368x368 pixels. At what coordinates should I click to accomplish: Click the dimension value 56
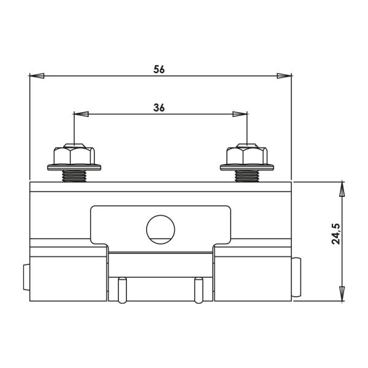click(x=159, y=69)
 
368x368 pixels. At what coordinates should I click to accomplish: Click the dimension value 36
click(x=159, y=108)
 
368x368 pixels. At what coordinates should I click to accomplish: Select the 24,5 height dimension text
click(x=335, y=234)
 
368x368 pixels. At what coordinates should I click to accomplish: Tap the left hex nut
click(x=74, y=155)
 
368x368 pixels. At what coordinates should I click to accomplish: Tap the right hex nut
click(x=247, y=155)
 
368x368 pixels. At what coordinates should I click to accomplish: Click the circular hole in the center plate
click(x=161, y=229)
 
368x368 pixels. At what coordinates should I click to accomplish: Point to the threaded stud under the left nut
click(x=74, y=176)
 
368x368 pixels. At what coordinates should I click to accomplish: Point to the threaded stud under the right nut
click(x=247, y=176)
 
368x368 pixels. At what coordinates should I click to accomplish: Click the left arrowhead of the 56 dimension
click(x=37, y=76)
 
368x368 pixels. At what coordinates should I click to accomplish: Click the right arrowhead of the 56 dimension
click(x=284, y=76)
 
